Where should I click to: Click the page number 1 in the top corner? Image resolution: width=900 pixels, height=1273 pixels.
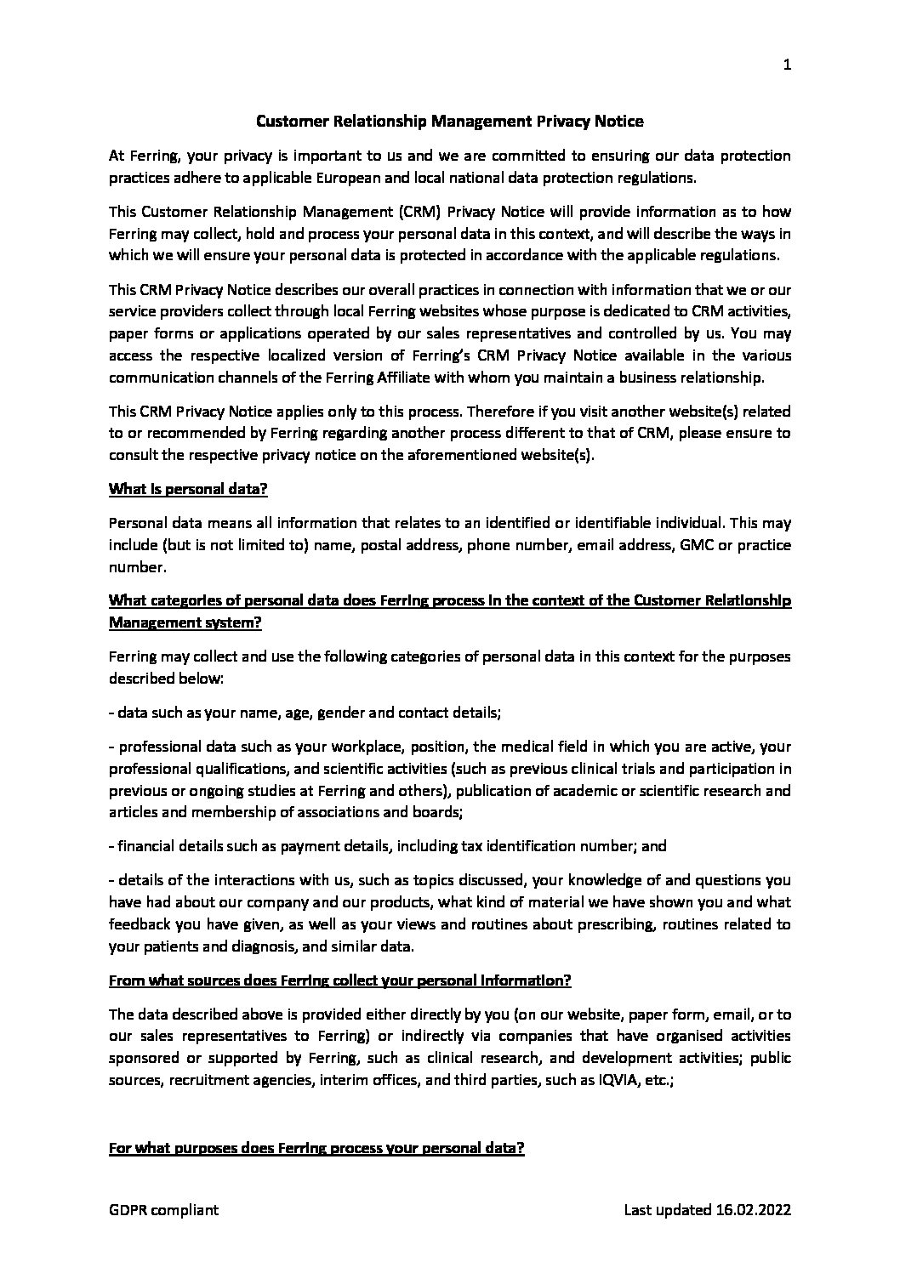[x=787, y=67]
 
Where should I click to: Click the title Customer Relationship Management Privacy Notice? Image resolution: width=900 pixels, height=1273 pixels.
[x=450, y=122]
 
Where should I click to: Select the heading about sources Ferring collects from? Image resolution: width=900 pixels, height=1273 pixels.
[x=339, y=980]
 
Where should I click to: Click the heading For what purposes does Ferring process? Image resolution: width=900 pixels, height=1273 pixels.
[x=316, y=1149]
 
